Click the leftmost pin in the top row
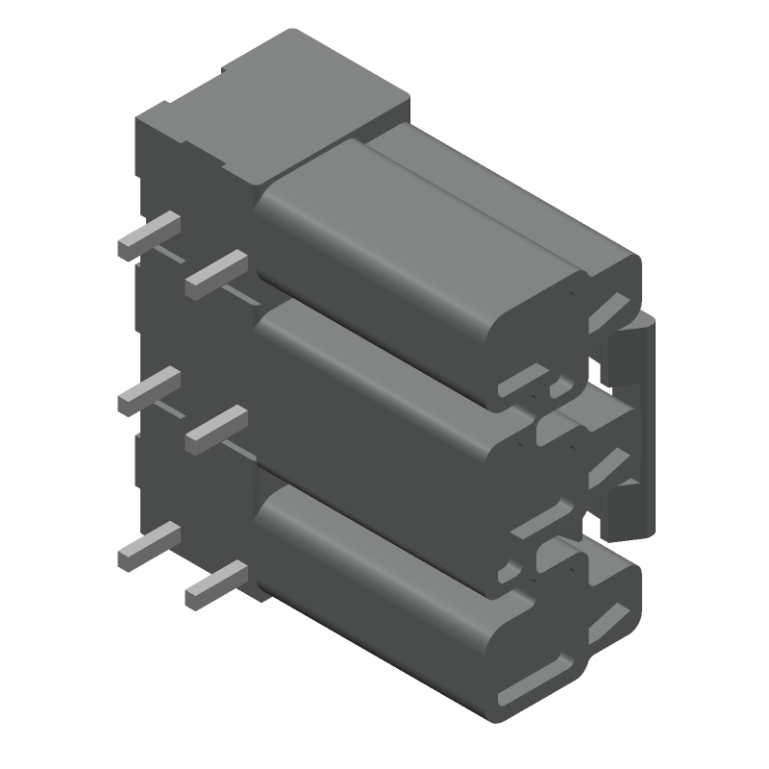coord(149,234)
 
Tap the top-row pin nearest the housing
coord(216,271)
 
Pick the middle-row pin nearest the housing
coord(216,428)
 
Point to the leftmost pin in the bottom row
coord(149,544)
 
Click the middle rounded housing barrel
coord(384,384)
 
